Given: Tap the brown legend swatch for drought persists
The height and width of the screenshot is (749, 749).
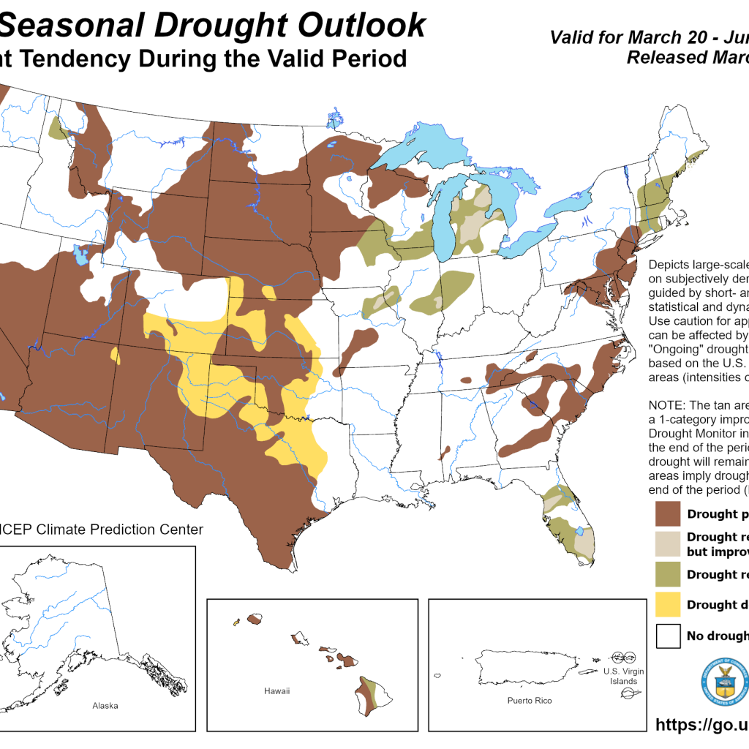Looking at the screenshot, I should click(x=668, y=513).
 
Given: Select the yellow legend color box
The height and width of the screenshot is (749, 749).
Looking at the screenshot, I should click(x=668, y=605).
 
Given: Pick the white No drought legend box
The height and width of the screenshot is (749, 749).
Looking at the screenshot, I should click(x=668, y=636).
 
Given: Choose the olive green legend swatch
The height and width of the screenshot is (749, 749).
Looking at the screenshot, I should click(x=668, y=574).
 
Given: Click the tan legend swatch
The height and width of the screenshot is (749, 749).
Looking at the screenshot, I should click(x=668, y=543).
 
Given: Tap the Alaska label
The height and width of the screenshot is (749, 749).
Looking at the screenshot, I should click(x=105, y=706).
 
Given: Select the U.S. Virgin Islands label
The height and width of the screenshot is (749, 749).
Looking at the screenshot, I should click(x=620, y=676).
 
